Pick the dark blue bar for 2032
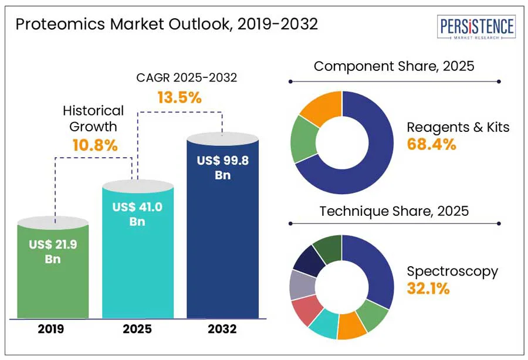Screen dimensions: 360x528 point(222,235)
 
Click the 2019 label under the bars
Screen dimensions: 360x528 point(53,329)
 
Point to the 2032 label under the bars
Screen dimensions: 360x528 point(222,329)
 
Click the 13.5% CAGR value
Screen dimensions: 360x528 point(180,97)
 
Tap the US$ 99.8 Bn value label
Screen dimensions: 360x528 point(222,168)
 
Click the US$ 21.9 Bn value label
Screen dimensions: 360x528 point(53,251)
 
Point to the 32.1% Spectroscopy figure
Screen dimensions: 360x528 point(428,288)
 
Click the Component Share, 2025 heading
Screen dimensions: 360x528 point(394,66)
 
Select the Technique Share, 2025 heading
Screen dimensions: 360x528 point(394,211)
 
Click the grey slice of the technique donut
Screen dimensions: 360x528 point(302,285)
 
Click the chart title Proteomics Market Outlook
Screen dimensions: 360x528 point(167,24)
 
